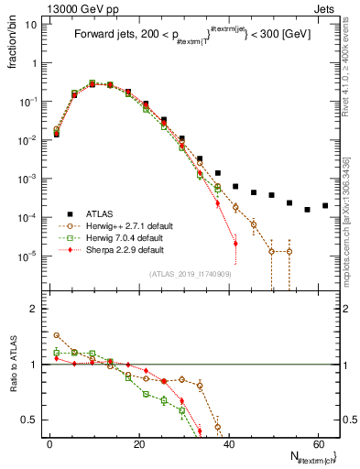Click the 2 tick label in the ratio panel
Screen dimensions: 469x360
tap(35, 309)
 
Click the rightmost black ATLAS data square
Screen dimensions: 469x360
tap(325, 205)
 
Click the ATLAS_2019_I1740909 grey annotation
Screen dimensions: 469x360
tap(190, 274)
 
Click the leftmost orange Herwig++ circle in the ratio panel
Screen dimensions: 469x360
tap(57, 335)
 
